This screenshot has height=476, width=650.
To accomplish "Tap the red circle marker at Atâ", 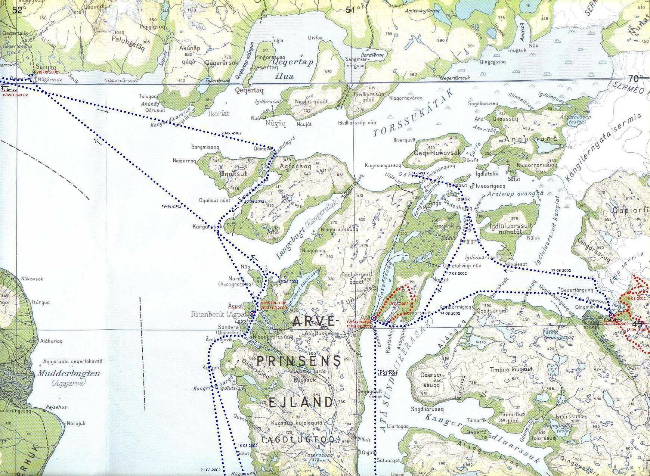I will (x=374, y=318).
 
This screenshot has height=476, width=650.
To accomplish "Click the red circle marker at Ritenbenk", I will (x=252, y=314).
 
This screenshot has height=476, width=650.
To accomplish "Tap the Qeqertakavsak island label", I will (x=438, y=153).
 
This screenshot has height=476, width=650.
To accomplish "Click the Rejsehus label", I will (x=56, y=407).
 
